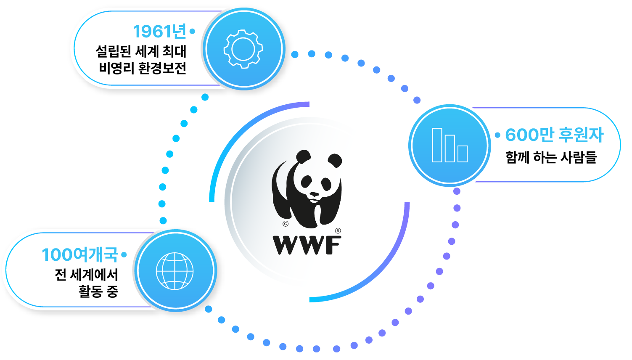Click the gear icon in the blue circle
pyautogui.click(x=243, y=49)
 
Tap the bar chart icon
pyautogui.click(x=450, y=145)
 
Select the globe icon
pyautogui.click(x=175, y=271)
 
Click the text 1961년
pyautogui.click(x=159, y=32)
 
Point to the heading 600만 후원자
pyautogui.click(x=554, y=135)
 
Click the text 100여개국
pyautogui.click(x=80, y=255)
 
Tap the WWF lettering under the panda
pyautogui.click(x=307, y=246)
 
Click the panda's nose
pyautogui.click(x=314, y=194)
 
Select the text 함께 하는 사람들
pyautogui.click(x=551, y=157)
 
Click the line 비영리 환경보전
pyautogui.click(x=143, y=68)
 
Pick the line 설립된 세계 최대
pyautogui.click(x=141, y=51)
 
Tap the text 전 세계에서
pyautogui.click(x=87, y=275)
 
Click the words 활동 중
pyautogui.click(x=98, y=291)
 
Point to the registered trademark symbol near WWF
pyautogui.click(x=338, y=230)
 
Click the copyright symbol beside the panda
pyautogui.click(x=286, y=224)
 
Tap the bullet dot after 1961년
pyautogui.click(x=192, y=31)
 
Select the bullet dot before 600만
pyautogui.click(x=497, y=135)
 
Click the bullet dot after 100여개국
pyautogui.click(x=124, y=254)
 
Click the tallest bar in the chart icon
pyautogui.click(x=437, y=145)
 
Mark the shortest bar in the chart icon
pyautogui.click(x=463, y=154)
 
